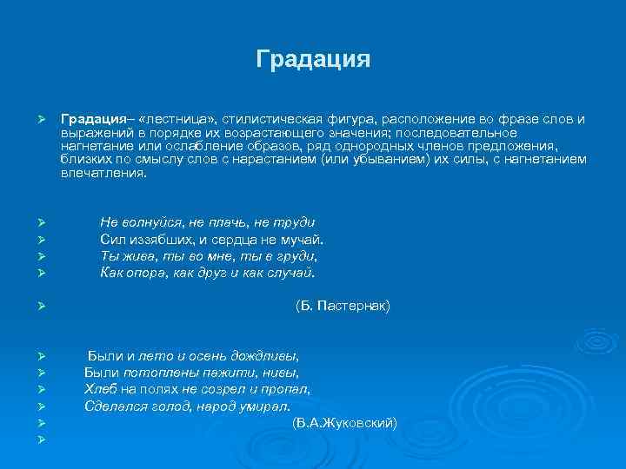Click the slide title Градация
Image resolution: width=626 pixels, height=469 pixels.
[x=313, y=60]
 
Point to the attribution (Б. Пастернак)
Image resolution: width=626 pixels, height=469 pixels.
[x=343, y=306]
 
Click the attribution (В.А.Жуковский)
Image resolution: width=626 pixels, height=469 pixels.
[x=344, y=422]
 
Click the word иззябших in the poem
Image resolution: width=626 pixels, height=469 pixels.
[x=159, y=239]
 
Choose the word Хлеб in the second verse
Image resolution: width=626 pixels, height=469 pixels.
[x=99, y=389]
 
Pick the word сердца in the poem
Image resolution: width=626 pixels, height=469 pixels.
[x=242, y=239]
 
